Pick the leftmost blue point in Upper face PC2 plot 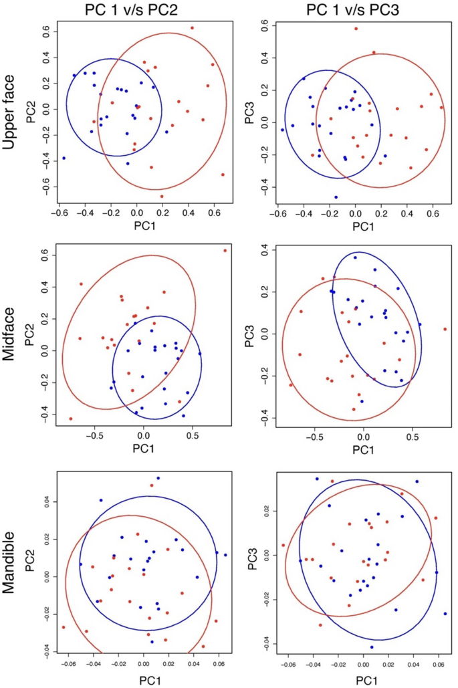pos(64,158)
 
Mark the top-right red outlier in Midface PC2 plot pos(225,251)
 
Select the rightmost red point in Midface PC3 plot pos(445,329)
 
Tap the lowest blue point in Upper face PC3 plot pos(336,197)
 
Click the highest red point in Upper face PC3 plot pos(356,29)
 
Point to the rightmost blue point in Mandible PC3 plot pos(445,614)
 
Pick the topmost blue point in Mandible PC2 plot pos(158,478)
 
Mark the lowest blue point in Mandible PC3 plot pos(372,647)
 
